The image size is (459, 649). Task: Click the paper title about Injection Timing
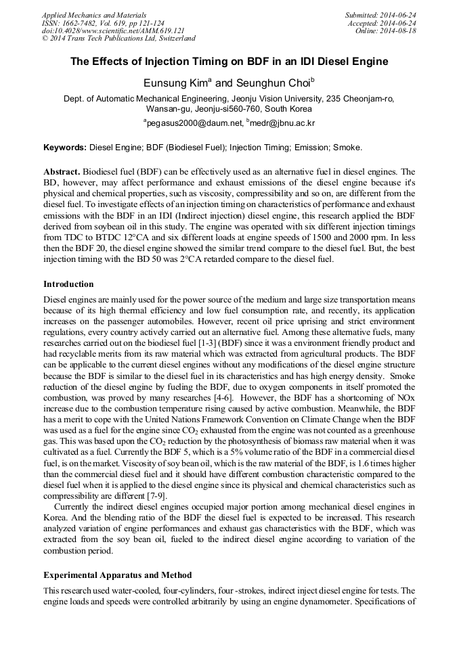[x=230, y=62]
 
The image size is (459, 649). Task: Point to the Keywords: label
[x=65, y=148]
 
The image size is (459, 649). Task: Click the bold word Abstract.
[x=62, y=173]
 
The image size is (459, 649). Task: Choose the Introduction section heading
[x=68, y=284]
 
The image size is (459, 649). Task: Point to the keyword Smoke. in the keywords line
[x=349, y=148]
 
